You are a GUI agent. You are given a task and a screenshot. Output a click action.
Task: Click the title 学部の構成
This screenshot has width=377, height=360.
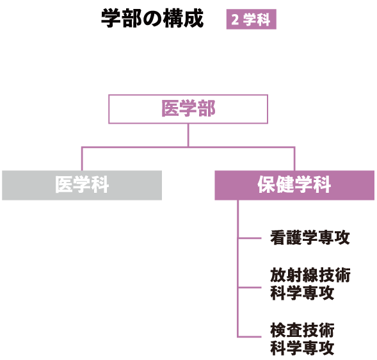(x=152, y=19)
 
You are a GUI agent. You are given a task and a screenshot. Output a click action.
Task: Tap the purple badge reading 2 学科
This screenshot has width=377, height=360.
(x=251, y=19)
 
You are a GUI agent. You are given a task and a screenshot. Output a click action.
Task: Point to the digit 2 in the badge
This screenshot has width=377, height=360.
(x=235, y=20)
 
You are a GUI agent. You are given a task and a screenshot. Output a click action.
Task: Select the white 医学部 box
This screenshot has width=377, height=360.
(x=188, y=109)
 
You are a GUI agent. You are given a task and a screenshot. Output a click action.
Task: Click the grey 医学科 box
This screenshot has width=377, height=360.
(x=82, y=185)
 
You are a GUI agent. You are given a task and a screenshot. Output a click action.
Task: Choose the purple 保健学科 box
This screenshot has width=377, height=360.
(x=294, y=185)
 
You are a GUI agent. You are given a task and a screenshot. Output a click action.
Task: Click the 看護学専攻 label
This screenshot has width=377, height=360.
(x=310, y=238)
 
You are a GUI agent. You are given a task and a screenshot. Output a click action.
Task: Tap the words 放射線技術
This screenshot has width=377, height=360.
(x=310, y=275)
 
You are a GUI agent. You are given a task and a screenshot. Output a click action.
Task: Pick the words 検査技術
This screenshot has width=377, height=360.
(x=302, y=331)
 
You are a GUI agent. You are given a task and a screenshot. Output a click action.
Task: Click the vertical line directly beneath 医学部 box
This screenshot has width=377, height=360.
(x=188, y=135)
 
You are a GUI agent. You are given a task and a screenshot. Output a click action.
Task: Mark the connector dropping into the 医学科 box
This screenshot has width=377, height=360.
(x=82, y=159)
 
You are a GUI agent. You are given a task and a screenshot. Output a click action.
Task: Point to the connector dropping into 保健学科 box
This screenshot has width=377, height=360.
(x=294, y=159)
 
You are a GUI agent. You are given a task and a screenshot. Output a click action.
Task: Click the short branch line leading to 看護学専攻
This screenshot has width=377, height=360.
(x=250, y=238)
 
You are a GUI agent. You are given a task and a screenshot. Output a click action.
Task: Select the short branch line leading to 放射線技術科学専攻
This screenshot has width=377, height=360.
(x=250, y=288)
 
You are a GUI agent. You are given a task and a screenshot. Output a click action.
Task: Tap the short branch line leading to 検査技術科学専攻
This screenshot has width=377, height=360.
(x=250, y=337)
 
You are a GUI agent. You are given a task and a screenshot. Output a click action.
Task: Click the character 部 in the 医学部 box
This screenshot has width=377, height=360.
(x=206, y=109)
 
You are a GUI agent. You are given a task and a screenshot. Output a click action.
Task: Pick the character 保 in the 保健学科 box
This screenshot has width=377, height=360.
(x=267, y=185)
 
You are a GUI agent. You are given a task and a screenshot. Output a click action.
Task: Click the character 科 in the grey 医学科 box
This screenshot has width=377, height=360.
(x=100, y=185)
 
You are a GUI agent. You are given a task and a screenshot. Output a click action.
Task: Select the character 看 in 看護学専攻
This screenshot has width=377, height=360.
(x=278, y=238)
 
